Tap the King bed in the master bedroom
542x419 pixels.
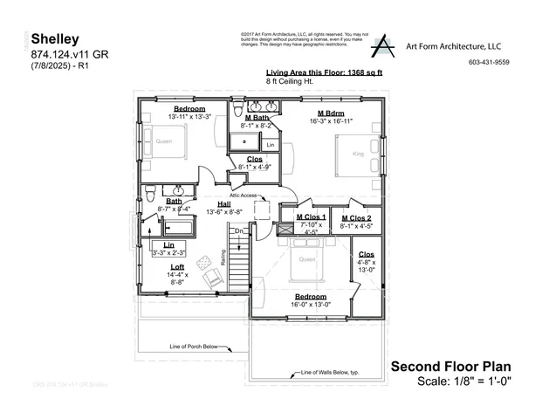tap(356, 155)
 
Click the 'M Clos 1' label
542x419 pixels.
tap(311, 217)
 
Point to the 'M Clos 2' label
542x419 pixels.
tap(356, 217)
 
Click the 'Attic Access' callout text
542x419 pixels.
tap(244, 196)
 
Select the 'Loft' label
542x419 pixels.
tap(177, 266)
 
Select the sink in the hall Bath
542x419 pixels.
tap(178, 189)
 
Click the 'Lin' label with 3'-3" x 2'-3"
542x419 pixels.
tap(168, 245)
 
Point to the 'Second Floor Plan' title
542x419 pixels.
tap(450, 366)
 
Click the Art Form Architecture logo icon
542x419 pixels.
tap(383, 46)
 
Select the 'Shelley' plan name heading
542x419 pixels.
tap(55, 39)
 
